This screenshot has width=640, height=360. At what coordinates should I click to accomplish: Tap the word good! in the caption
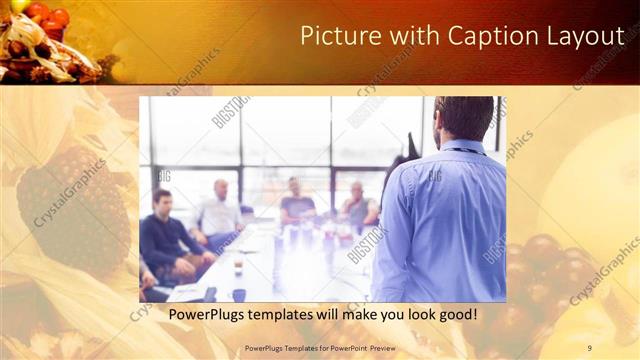pos(455,315)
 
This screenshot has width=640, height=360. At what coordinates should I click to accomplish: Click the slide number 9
pos(589,347)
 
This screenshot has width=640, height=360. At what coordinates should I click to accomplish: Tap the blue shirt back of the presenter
pos(440,220)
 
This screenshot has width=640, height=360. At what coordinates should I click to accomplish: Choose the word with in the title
pos(414,36)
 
